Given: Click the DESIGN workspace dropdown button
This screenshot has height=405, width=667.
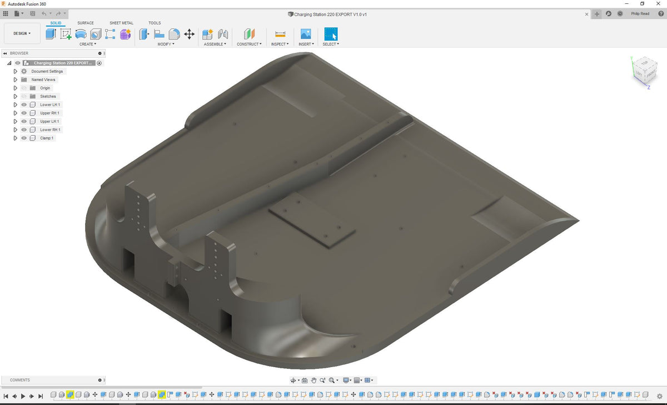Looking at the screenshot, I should pos(22,33).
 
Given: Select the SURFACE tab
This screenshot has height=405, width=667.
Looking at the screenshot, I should pos(85,23).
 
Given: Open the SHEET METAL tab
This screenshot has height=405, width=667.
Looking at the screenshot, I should pos(121,23).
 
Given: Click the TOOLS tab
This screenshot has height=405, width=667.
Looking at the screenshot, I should pos(155,23).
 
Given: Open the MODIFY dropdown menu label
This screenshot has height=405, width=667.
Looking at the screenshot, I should pos(165,44).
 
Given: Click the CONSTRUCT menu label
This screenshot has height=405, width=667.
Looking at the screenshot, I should pos(248,44).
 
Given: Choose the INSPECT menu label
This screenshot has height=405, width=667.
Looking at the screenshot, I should pos(280,44).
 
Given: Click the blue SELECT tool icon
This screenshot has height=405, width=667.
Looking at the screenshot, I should pos(331,33).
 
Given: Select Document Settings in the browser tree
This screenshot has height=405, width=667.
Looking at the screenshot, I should pos(47,71).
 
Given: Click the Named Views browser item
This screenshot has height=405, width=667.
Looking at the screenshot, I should pos(43,80).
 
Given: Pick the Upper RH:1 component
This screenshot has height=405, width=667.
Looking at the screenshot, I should pos(49,113).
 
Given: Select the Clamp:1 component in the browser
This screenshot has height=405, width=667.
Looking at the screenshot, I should pos(47,138).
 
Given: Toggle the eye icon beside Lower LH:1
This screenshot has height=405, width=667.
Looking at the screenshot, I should pos(24,105).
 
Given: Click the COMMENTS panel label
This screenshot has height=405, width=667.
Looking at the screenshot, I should pos(20,380).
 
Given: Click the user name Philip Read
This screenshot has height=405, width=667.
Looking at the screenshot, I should pos(640,14).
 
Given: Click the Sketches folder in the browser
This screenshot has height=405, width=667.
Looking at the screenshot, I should pos(48,96).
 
